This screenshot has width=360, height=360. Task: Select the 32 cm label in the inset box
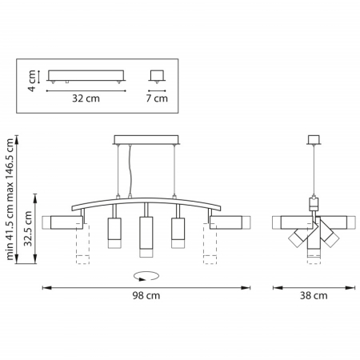click(86, 100)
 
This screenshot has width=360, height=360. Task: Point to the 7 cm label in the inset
click(158, 100)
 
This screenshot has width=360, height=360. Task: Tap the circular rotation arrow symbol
click(146, 276)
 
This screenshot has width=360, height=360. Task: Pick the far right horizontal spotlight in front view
click(230, 222)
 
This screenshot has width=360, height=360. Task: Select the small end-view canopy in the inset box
click(158, 77)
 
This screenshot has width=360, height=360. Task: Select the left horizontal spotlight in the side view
click(289, 222)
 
